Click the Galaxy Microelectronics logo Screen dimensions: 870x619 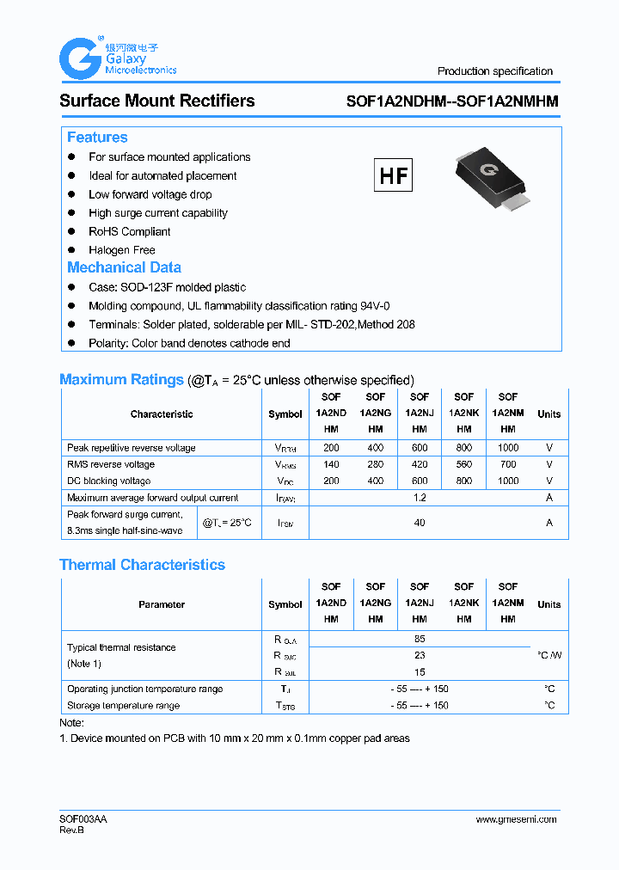(117, 58)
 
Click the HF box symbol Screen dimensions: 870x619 (394, 175)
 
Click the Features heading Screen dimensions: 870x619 (97, 138)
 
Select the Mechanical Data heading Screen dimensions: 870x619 (124, 267)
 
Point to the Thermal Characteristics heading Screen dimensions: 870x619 (142, 565)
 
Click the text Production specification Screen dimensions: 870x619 (495, 71)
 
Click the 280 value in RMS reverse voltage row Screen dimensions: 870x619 (375, 464)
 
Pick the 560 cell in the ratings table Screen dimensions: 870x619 (463, 464)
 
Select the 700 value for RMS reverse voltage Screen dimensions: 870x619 (508, 464)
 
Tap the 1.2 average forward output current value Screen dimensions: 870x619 (420, 498)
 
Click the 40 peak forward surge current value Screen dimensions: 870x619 (420, 523)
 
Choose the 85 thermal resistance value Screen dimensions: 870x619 (420, 639)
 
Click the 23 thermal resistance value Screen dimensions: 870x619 (420, 655)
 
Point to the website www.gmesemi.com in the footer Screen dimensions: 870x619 (516, 819)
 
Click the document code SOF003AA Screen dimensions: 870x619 (83, 819)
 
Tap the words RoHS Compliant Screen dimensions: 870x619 (130, 231)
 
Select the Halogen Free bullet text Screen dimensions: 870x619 (122, 250)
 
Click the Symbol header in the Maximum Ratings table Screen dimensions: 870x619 (285, 414)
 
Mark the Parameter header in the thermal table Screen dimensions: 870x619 (162, 604)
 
